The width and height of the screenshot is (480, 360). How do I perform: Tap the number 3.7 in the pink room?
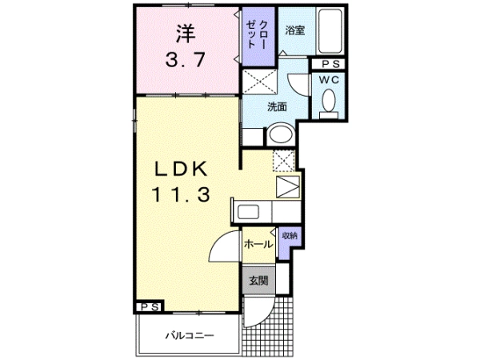[x=186, y=59]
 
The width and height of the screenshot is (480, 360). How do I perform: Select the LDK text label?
[x=182, y=169]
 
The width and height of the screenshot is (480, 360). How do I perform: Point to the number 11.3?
[x=182, y=194]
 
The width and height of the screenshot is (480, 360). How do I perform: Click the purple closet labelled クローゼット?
[x=258, y=36]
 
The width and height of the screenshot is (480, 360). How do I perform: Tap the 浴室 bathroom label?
[x=295, y=30]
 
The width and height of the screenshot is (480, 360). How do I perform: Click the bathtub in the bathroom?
[x=330, y=31]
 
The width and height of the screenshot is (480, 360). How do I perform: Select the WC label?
[x=329, y=80]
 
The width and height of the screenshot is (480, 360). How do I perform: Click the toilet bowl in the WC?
[x=329, y=100]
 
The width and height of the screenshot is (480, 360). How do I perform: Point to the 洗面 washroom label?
[x=277, y=107]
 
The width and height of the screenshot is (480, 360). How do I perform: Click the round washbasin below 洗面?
[x=281, y=134]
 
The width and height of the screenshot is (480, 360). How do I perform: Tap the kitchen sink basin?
[x=248, y=212]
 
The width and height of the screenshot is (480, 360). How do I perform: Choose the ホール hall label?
[x=258, y=244]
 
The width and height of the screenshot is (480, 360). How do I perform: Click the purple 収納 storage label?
[x=290, y=236]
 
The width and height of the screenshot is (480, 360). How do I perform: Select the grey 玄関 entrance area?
[x=258, y=281]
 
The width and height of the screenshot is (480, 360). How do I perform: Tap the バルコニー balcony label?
[x=190, y=336]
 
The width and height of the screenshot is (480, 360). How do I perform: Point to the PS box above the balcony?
[x=150, y=306]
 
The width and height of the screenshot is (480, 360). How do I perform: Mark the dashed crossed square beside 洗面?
[x=259, y=82]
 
